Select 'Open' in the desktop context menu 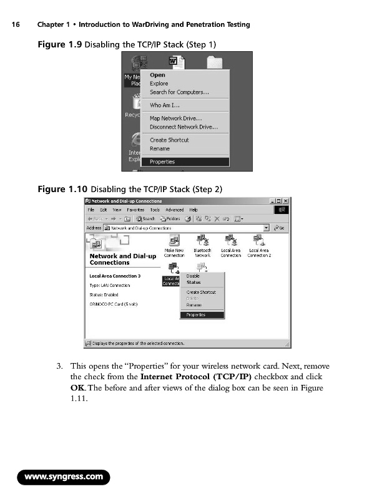pos(157,75)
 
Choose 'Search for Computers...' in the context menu pos(179,92)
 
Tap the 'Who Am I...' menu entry pos(165,105)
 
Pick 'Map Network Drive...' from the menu pos(175,118)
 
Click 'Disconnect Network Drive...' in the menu pos(184,127)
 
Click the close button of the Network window pos(286,201)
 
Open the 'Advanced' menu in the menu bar pos(174,210)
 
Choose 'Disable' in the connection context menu pos(193,276)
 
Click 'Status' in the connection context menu pos(193,283)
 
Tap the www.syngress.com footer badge pos(64,478)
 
